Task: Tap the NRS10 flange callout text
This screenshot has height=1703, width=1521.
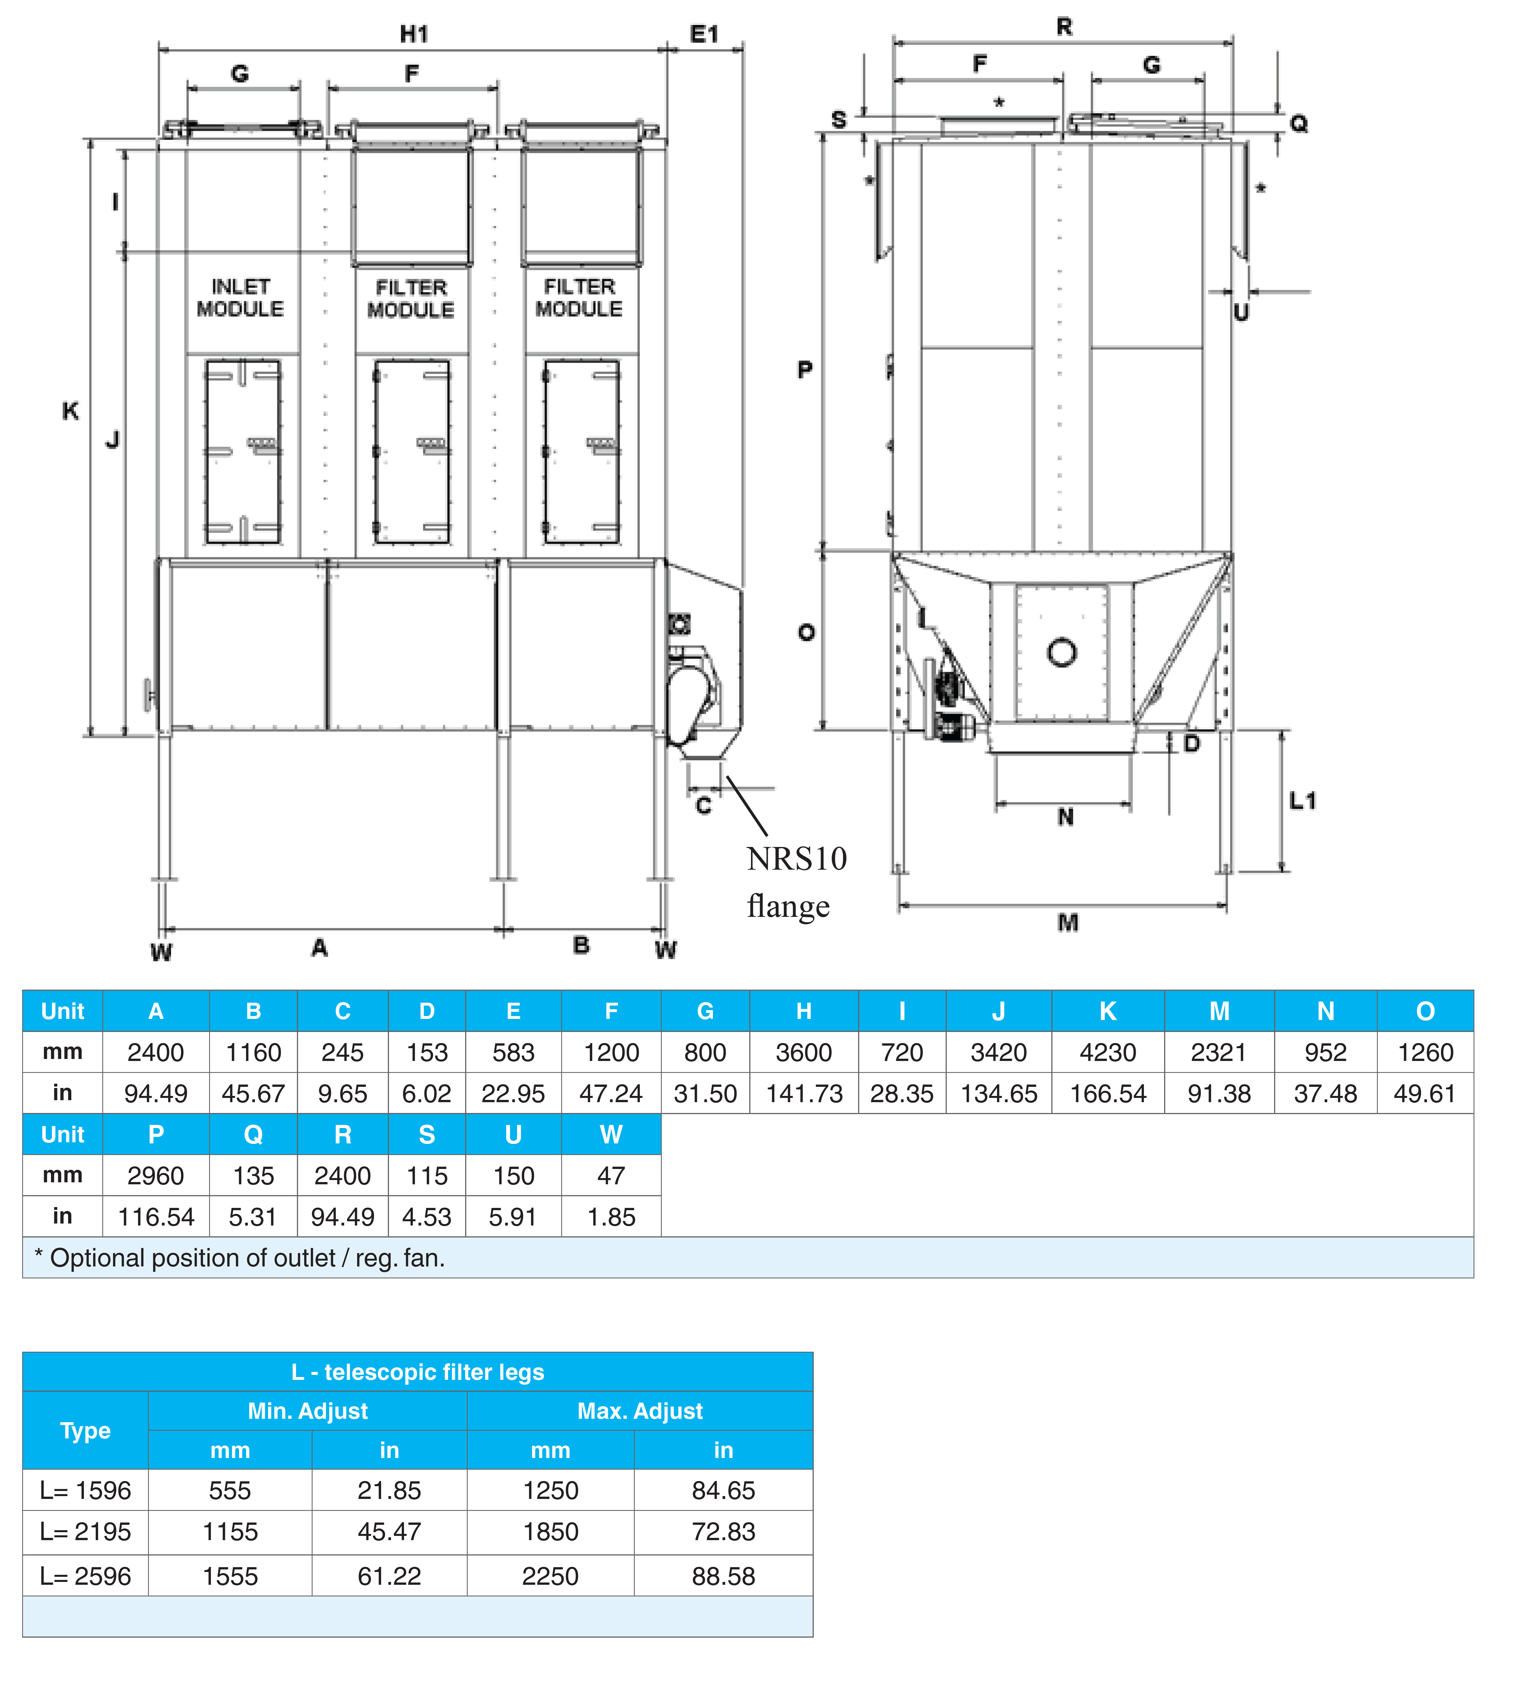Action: (x=796, y=882)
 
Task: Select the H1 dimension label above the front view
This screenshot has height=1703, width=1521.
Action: (x=415, y=34)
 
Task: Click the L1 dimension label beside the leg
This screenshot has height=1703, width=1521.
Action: (x=1302, y=801)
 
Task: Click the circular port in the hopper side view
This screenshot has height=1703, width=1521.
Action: (x=1061, y=652)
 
